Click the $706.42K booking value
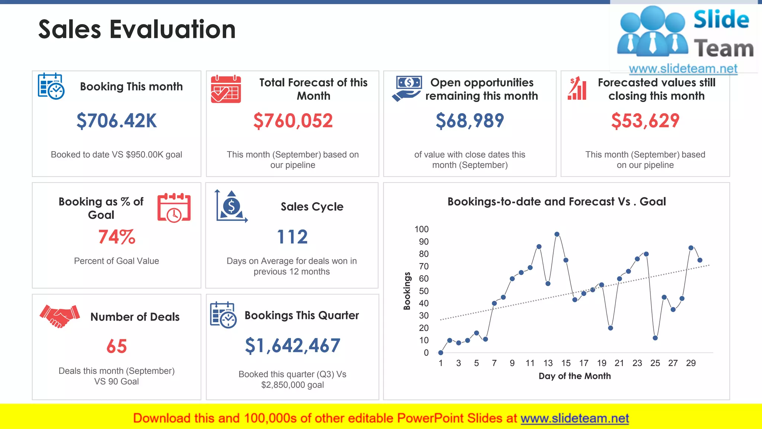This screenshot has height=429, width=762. [116, 121]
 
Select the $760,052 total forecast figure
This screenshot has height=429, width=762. [293, 121]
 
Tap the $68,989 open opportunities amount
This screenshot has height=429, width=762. [470, 121]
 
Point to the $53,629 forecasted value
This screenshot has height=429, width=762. [645, 121]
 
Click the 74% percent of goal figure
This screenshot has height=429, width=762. [116, 237]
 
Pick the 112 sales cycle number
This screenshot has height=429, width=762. [292, 237]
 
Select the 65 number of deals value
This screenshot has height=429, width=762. [116, 346]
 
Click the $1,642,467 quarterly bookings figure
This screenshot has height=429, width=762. [292, 346]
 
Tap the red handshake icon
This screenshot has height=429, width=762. [60, 316]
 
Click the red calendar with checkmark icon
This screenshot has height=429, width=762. [225, 89]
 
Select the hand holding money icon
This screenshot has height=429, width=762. [407, 89]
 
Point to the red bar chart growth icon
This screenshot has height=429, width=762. [577, 89]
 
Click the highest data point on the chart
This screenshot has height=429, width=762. [557, 234]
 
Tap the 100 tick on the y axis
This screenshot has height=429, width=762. [421, 229]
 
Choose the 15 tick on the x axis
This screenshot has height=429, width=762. [566, 363]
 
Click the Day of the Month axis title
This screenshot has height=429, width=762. [574, 376]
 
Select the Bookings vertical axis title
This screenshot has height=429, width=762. [407, 291]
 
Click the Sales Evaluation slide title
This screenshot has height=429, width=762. [137, 29]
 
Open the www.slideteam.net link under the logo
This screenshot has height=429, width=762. [683, 69]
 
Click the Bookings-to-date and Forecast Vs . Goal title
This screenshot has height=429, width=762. [556, 201]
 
